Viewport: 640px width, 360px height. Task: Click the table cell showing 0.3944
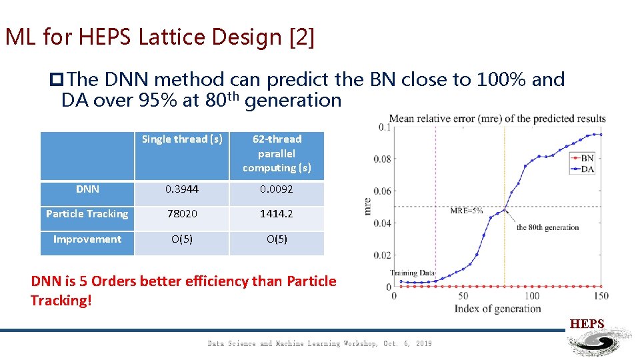pos(182,189)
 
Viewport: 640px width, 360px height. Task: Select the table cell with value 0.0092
pos(277,189)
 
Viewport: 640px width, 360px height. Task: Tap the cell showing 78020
pos(182,214)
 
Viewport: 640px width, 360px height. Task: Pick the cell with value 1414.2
pos(277,214)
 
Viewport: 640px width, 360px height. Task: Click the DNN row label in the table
pos(87,189)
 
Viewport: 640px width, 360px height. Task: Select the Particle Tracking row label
pos(87,214)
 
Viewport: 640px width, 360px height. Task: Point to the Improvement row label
pos(87,239)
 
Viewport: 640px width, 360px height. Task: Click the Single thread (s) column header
pos(182,139)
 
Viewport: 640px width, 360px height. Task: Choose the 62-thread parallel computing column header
pos(277,153)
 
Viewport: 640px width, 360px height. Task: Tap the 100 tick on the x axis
pos(532,296)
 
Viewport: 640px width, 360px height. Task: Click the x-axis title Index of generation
pos(497,309)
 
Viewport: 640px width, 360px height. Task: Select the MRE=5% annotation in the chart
pos(467,211)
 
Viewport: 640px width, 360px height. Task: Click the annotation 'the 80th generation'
pos(547,227)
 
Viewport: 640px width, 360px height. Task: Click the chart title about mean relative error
pos(497,119)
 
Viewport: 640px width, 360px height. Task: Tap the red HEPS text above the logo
pos(587,324)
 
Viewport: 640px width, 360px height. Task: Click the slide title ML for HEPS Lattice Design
pos(159,37)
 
